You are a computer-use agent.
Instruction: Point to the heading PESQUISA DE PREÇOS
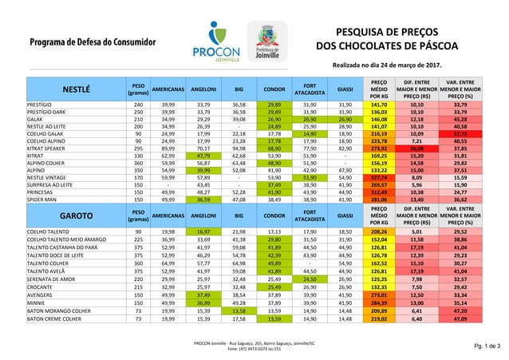(386, 31)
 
